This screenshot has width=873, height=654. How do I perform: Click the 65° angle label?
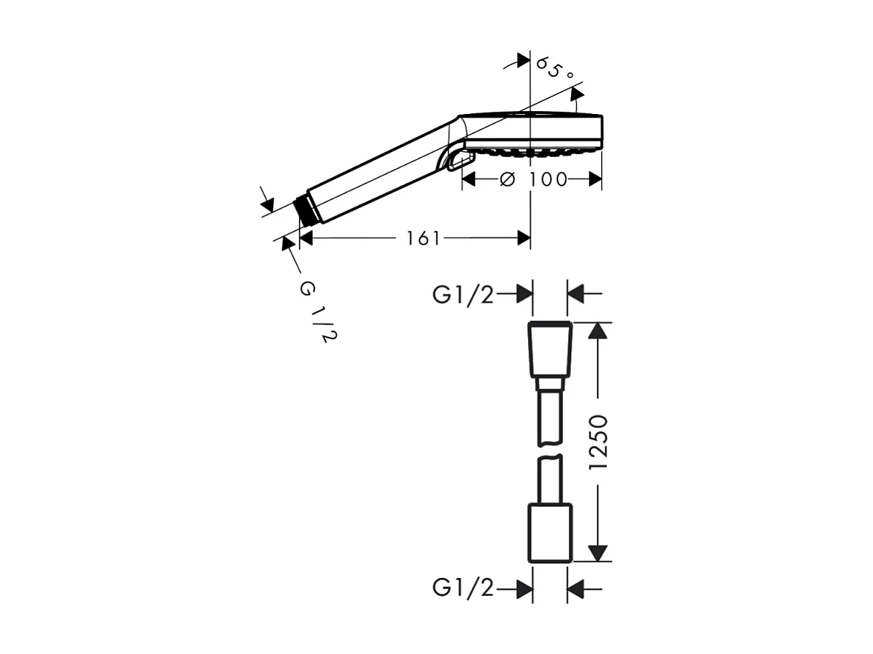pos(555,70)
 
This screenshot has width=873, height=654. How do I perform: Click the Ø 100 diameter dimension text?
pos(535,179)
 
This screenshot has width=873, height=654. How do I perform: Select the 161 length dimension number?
pos(423,238)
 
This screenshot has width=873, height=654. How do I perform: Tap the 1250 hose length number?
pos(598,442)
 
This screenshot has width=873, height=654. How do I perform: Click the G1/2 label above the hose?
pos(463,294)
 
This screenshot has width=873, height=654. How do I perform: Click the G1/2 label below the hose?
pos(463,589)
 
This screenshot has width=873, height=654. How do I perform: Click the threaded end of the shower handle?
pos(306,209)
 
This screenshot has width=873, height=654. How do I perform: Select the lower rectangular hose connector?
pos(550,533)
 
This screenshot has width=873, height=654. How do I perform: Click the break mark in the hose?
pos(550,456)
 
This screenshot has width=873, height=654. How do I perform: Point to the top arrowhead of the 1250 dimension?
pos(598,331)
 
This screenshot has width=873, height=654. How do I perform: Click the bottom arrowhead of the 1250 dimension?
pos(598,553)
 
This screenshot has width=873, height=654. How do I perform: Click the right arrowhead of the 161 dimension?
pos(524,238)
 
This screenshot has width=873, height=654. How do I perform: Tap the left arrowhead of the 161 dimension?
pos(307,238)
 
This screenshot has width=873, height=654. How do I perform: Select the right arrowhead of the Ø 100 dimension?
pos(595,179)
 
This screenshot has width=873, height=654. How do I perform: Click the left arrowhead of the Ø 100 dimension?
pos(469,179)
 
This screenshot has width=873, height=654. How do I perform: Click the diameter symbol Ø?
pos(506,179)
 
